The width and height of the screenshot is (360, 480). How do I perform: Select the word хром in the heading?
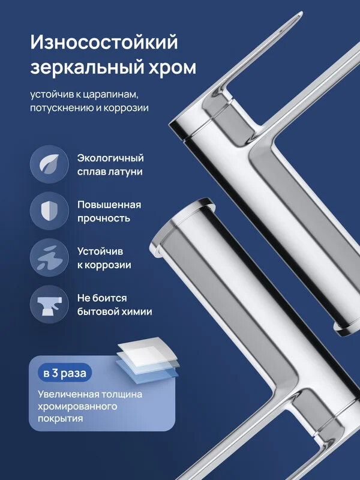pos(172,67)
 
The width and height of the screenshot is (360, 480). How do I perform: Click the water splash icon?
pos(49,257)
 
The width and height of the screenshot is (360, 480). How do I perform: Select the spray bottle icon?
pos(49,304)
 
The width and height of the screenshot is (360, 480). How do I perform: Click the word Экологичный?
pos(110,158)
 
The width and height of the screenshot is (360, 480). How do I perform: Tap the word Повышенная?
pos(109,205)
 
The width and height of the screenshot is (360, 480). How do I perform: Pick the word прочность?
pos(103,218)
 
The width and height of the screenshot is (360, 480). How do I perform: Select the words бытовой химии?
pos(114,312)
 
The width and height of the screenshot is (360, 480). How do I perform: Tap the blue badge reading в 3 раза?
pos(64,373)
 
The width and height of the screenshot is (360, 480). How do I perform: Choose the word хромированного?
pos(76,406)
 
